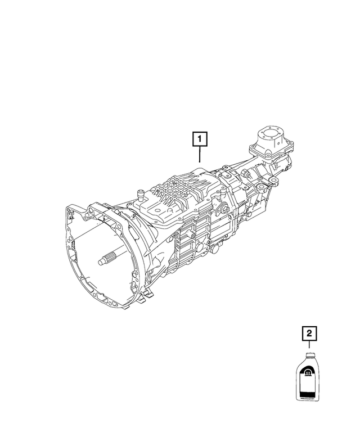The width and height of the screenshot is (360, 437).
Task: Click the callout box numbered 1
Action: click(x=200, y=138)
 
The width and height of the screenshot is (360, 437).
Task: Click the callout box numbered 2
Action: click(x=308, y=334)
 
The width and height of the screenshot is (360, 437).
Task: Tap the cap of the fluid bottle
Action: click(x=308, y=354)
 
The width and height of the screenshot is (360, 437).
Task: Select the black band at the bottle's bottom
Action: click(x=308, y=397)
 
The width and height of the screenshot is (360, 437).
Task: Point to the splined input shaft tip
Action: click(x=105, y=259)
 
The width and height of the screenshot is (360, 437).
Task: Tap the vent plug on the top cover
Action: click(x=138, y=196)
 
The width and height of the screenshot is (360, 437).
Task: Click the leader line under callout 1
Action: click(x=200, y=153)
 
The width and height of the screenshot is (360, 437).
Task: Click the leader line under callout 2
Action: click(x=308, y=345)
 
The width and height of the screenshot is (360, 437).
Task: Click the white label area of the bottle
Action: click(x=308, y=385)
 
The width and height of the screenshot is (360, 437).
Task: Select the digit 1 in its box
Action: click(x=200, y=138)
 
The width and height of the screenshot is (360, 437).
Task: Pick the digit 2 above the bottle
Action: click(x=308, y=334)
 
